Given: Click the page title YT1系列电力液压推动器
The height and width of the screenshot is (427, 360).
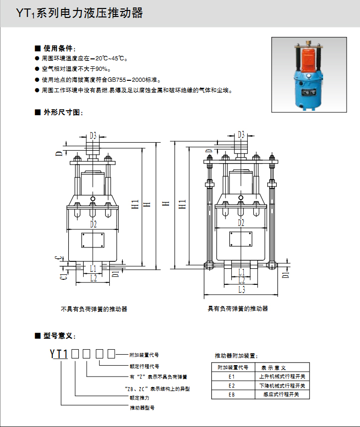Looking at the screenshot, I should pos(79,13).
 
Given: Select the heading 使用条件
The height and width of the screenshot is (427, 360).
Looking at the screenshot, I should pos(59,48).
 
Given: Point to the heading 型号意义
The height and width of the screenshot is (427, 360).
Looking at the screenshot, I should pos(59,336).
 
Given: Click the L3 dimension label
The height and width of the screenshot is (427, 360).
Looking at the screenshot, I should pos(241,289).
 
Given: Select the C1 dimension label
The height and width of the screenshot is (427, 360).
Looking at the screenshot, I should pos(63,275).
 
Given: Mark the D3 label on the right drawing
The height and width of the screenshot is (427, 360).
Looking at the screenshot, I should pos(241,134).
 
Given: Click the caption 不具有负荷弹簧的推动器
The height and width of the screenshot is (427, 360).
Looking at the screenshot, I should pos(94,309).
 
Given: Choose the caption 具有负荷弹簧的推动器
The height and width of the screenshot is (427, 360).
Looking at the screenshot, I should pos(238,309).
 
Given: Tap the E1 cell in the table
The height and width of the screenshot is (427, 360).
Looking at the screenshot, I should pos(231,377).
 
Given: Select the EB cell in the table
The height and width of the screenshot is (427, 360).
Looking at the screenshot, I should pos(231,394).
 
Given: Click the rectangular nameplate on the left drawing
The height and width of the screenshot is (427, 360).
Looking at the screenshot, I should pos(93,240).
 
